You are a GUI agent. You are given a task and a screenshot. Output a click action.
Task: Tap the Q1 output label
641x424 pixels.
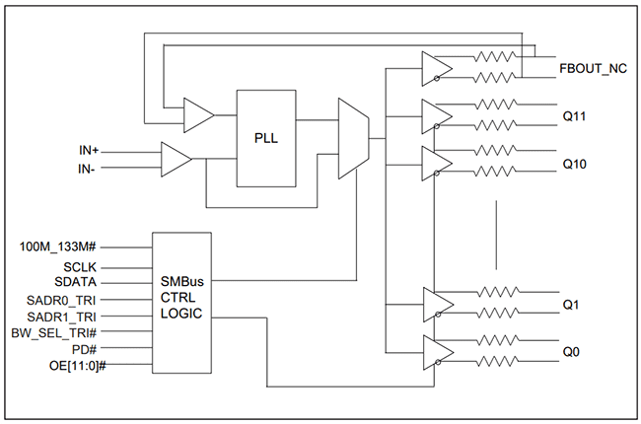click(x=570, y=305)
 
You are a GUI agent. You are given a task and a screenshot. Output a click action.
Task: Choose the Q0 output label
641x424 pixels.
click(x=570, y=352)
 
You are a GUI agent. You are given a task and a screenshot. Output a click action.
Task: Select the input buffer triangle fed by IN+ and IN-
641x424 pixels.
click(x=176, y=159)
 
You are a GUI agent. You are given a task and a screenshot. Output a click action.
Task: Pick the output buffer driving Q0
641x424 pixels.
click(x=435, y=352)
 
